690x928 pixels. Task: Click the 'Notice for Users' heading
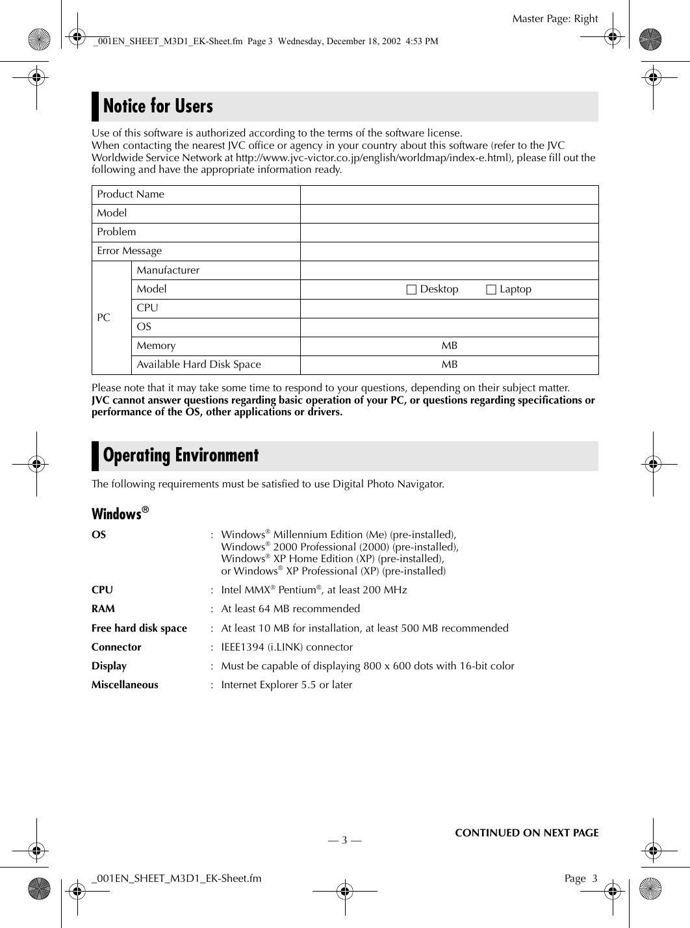point(158,106)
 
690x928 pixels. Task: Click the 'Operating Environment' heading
point(181,455)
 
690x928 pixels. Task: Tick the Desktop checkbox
point(411,289)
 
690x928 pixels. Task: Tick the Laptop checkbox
point(491,289)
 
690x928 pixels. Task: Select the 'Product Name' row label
point(131,194)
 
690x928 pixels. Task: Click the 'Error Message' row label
point(129,251)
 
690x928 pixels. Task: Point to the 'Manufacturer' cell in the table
point(168,270)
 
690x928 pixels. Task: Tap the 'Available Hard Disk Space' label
point(198,365)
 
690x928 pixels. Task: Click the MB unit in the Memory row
point(449,346)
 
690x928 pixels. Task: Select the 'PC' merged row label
point(104,318)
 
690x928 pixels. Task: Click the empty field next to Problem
point(449,232)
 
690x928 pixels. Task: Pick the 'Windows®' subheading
point(120,514)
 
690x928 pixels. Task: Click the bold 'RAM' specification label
point(103,609)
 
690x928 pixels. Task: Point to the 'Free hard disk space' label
point(139,628)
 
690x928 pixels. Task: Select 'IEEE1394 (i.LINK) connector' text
point(287,647)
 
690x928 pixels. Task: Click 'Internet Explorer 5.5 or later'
point(287,684)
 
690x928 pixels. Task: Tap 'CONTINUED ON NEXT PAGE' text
point(526,832)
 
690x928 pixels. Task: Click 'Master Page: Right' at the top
point(554,19)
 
